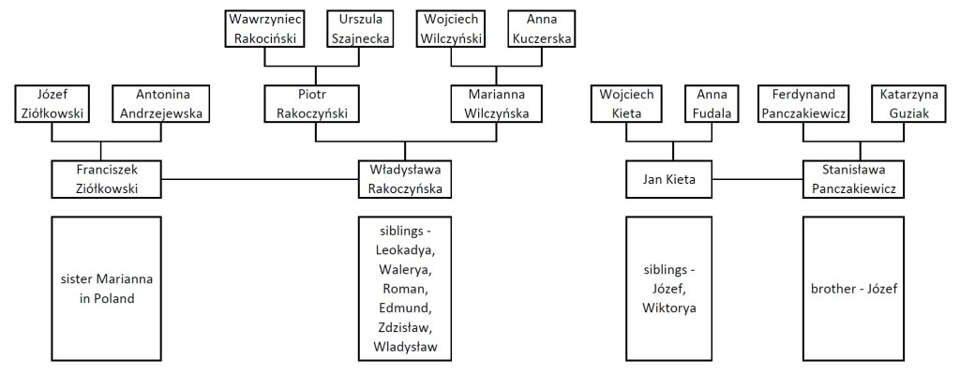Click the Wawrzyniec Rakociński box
tap(265, 28)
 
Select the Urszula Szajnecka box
tap(358, 28)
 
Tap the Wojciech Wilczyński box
tap(453, 28)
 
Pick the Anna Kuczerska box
tap(541, 28)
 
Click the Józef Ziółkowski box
tap(52, 103)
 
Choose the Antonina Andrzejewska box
tap(161, 103)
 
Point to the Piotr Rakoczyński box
tap(315, 103)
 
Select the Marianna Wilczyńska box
tap(496, 103)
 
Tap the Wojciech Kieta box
tap(628, 103)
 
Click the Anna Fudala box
tap(717, 103)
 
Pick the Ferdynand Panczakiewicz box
tap(810, 103)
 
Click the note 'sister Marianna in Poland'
tap(100, 289)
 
